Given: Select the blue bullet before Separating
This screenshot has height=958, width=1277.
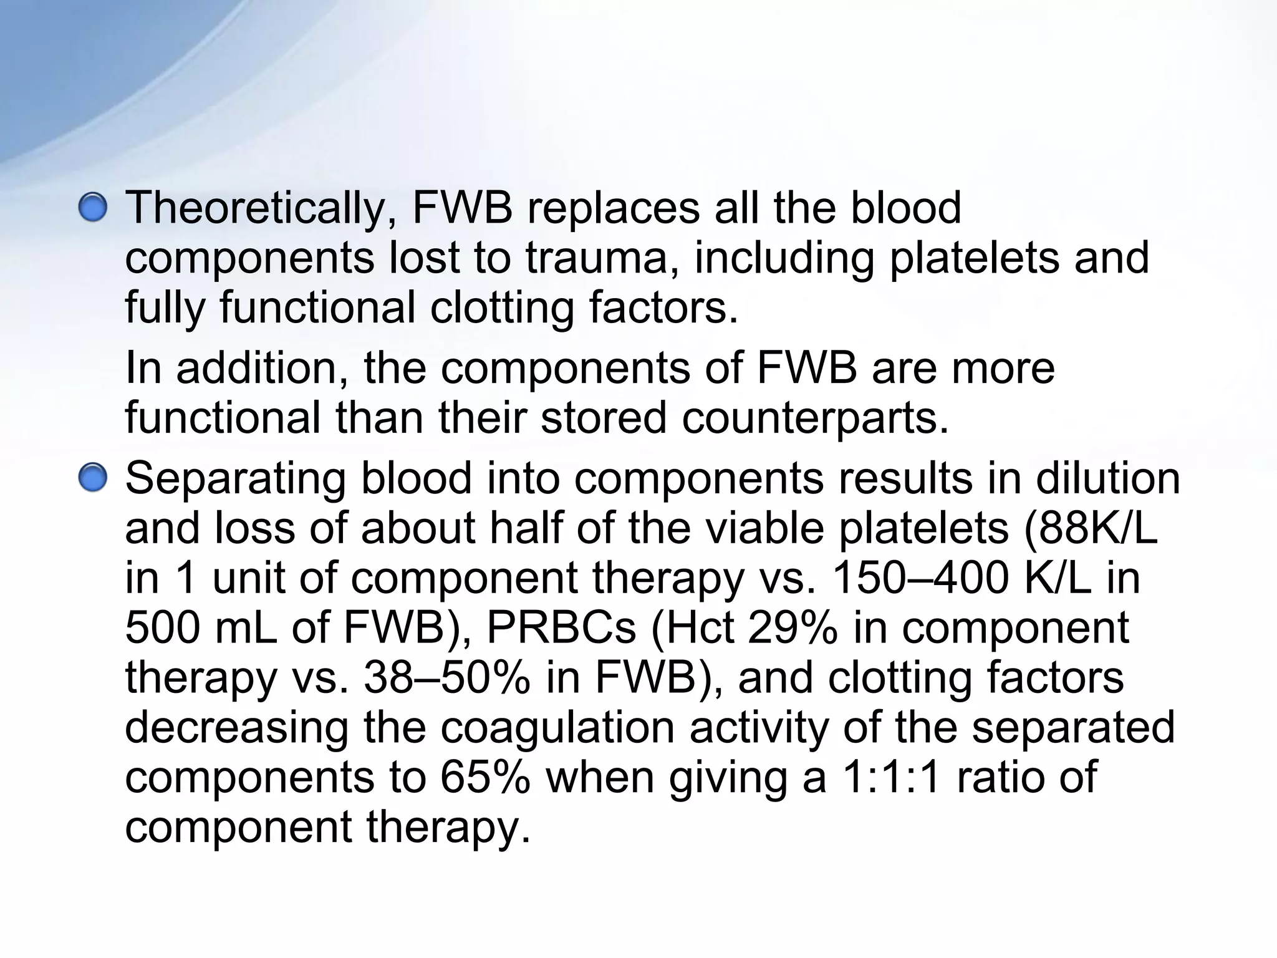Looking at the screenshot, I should point(93,478).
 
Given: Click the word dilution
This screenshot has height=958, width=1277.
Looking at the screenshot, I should point(1108,478).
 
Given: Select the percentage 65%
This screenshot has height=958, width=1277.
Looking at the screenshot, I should point(485,778).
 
